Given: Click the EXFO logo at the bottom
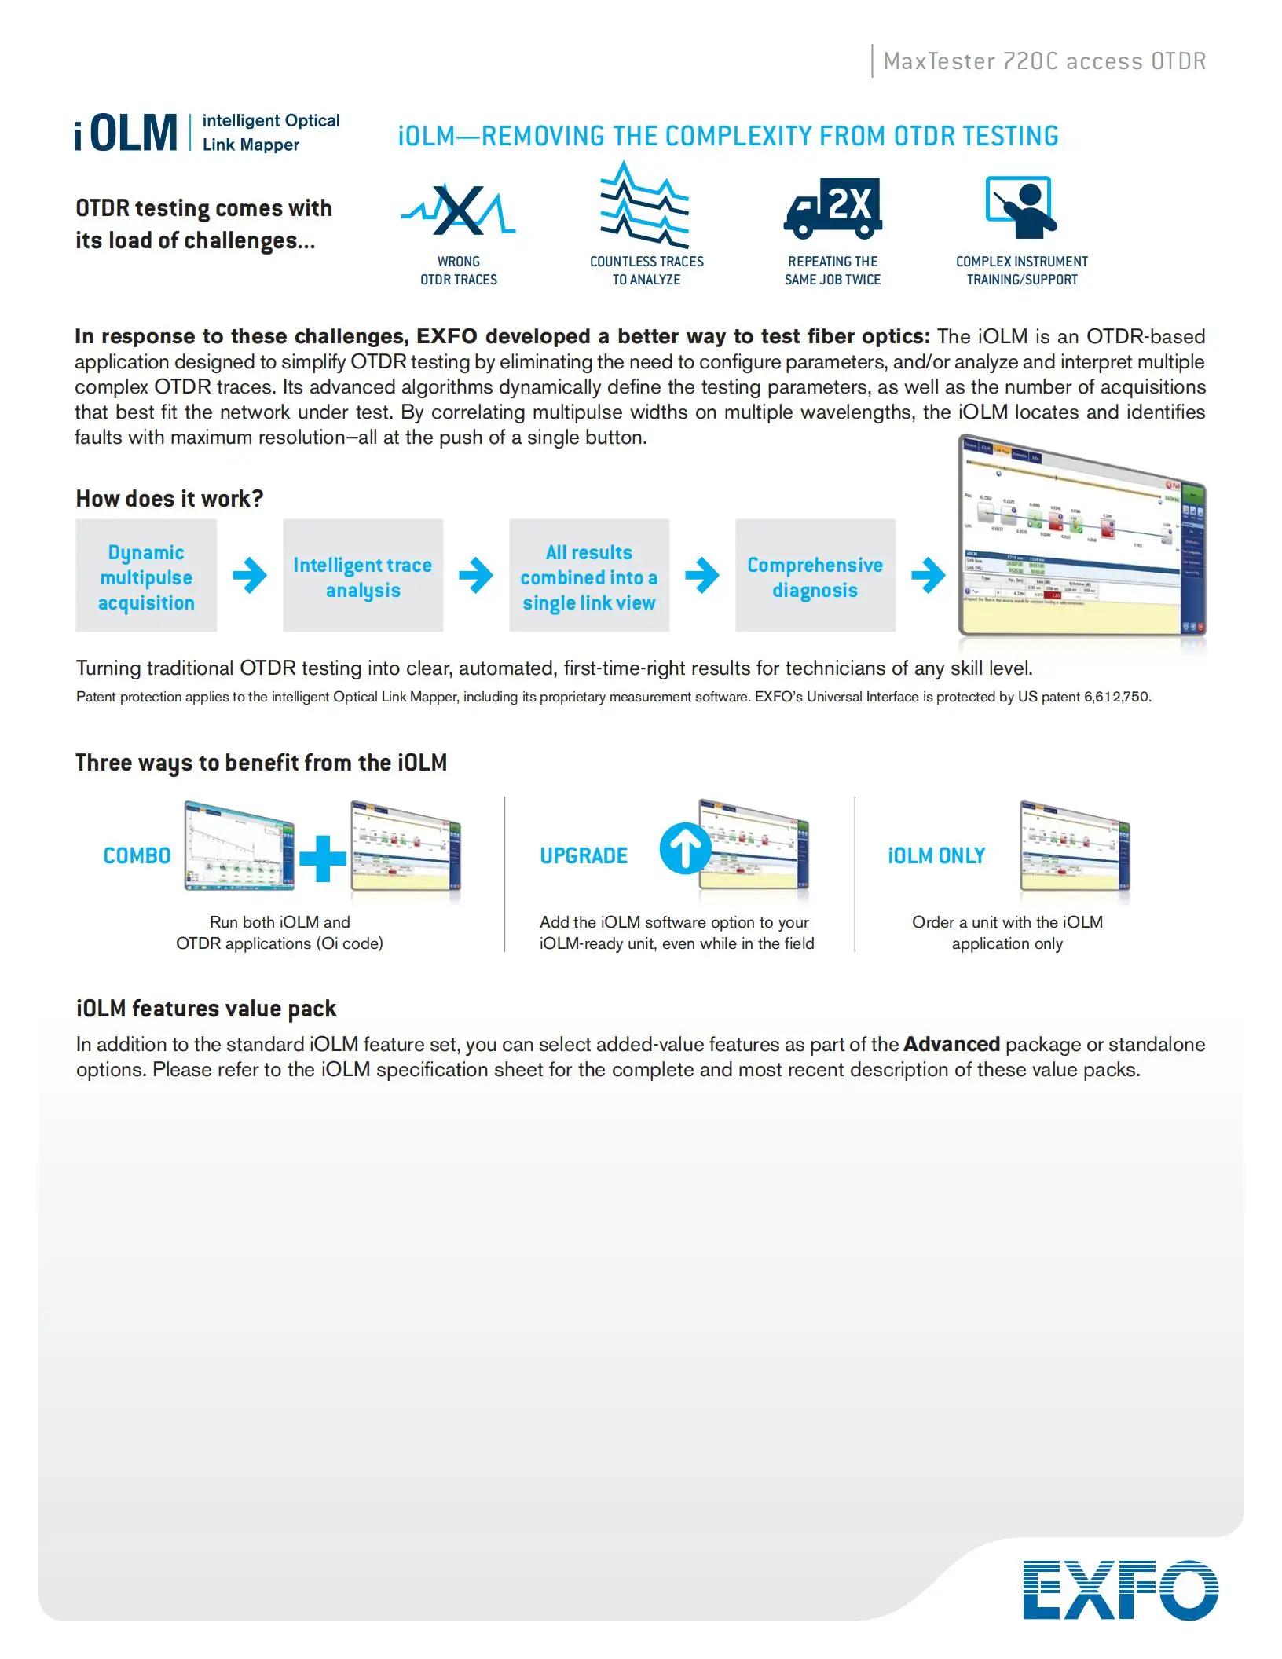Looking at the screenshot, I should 1120,1590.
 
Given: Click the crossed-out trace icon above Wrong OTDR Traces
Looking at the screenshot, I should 459,211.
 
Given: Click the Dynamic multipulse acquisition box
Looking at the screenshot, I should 146,576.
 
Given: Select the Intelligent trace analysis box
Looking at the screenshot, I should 363,576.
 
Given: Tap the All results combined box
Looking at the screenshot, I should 589,576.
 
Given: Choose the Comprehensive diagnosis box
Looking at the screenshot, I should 815,576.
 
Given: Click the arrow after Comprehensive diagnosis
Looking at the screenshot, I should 928,576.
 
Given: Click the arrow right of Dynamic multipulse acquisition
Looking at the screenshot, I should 250,576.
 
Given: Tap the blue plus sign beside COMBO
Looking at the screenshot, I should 322,858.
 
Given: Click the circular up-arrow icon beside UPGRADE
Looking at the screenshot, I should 684,849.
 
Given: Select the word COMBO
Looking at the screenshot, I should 137,855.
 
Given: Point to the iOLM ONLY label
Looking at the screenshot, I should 936,855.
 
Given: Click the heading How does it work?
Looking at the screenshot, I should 170,499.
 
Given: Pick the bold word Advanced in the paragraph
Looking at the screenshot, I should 951,1044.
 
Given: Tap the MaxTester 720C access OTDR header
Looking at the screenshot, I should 1044,61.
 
